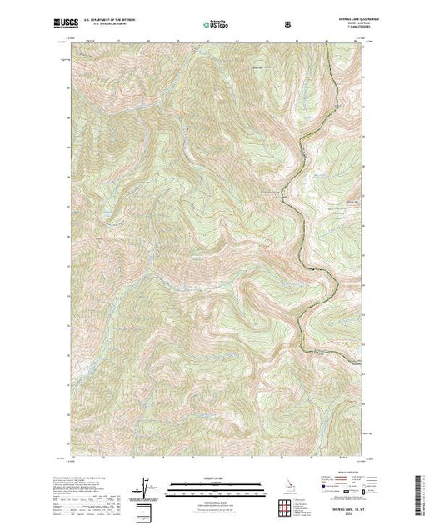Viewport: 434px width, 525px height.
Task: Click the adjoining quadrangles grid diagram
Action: click(x=285, y=505)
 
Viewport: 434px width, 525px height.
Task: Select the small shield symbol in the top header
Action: click(x=288, y=25)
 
